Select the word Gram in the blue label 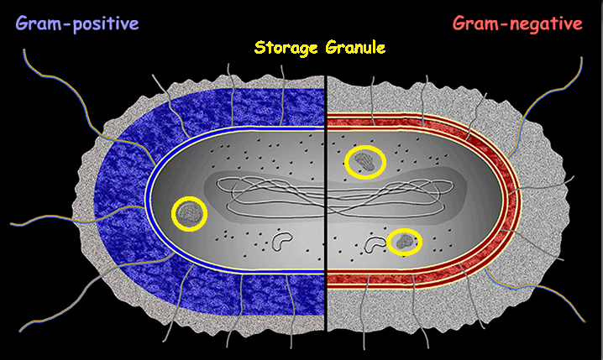click(x=39, y=23)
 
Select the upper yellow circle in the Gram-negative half click(x=365, y=162)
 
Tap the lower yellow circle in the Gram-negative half click(x=406, y=243)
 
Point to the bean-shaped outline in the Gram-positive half click(x=283, y=242)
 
